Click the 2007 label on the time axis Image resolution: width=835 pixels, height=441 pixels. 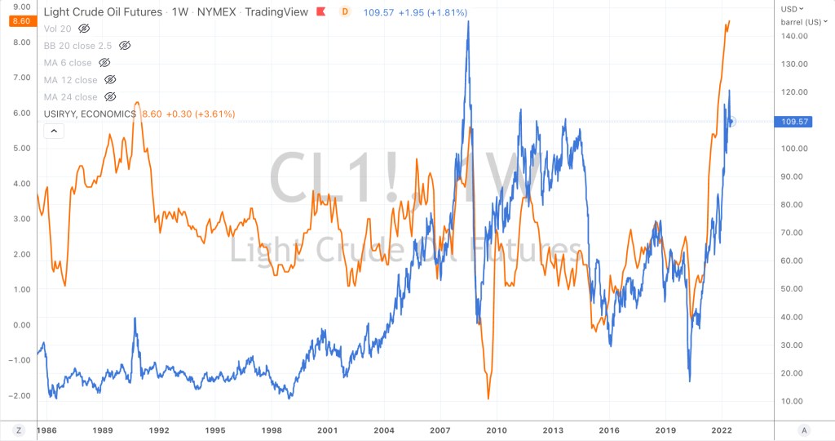coord(440,430)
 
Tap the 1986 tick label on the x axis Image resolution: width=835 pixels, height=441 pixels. coord(46,430)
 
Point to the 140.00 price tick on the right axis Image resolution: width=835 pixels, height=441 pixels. coord(794,36)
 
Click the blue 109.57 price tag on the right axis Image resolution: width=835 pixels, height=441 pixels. coord(794,122)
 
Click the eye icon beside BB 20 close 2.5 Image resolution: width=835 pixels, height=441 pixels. coord(125,46)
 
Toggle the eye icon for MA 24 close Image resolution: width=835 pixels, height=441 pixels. coord(110,97)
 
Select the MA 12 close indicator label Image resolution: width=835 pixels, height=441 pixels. coord(70,80)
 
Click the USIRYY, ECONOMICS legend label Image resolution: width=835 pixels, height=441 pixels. coord(90,114)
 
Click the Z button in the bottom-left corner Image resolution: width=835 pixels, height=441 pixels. coord(18,430)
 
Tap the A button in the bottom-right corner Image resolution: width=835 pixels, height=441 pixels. coord(804,430)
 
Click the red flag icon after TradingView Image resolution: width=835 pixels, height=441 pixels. coord(322,12)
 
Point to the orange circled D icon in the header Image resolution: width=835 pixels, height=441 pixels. coord(345,12)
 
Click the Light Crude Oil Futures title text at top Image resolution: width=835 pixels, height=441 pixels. coord(102,12)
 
